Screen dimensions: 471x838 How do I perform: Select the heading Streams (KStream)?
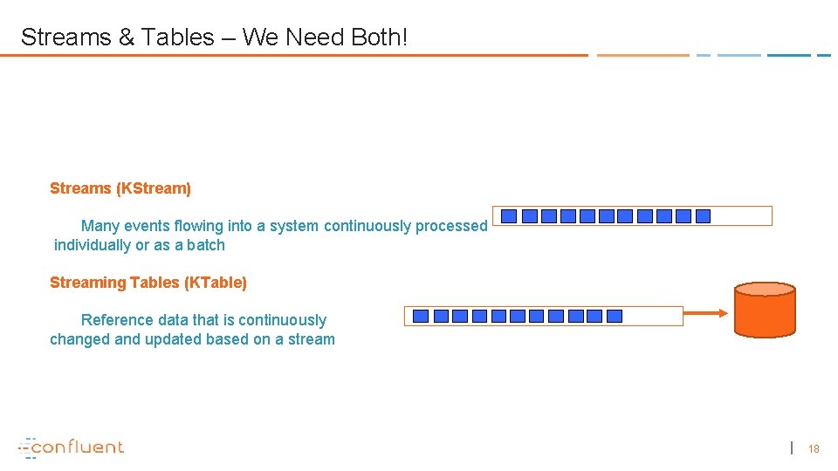click(120, 188)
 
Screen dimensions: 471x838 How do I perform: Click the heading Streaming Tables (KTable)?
click(148, 283)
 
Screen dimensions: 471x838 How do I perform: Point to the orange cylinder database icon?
click(765, 310)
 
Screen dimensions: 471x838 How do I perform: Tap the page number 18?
click(814, 448)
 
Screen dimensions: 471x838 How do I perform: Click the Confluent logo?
click(72, 447)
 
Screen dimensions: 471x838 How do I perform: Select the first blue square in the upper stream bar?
click(509, 216)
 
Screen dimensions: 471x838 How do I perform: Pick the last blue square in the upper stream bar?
click(703, 216)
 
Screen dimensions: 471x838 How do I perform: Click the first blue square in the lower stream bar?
click(421, 316)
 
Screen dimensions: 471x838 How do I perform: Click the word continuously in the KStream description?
click(367, 226)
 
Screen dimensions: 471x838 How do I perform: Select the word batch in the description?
click(206, 245)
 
